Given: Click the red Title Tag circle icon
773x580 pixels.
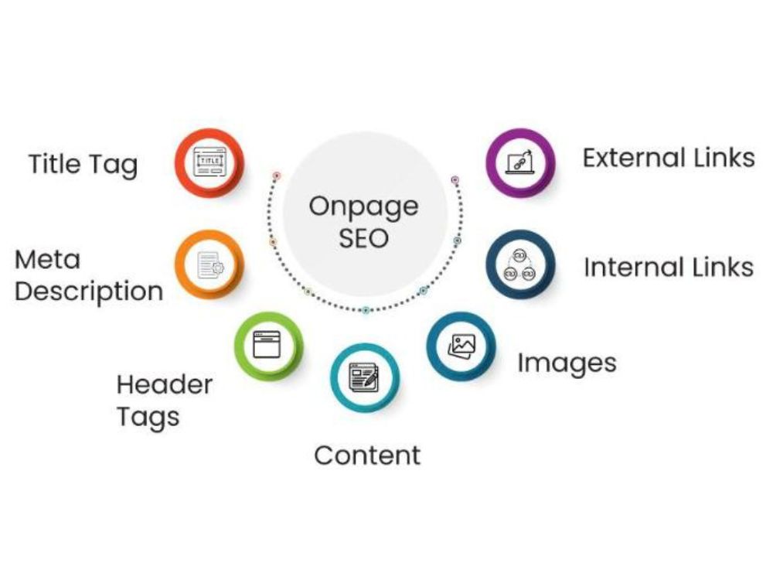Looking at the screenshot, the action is [209, 162].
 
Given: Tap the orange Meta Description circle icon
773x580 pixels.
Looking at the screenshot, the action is [209, 264].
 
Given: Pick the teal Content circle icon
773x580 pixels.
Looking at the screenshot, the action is [365, 378].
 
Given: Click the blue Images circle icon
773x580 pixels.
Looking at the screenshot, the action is [461, 345].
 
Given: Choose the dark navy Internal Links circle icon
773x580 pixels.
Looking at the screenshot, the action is [520, 264].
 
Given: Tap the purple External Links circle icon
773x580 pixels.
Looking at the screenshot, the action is [520, 162].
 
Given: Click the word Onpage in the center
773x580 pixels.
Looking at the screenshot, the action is [364, 207].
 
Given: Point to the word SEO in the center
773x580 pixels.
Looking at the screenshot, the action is [364, 239].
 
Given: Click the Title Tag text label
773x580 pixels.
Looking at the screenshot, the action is [83, 165].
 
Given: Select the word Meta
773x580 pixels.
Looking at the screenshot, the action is [47, 259].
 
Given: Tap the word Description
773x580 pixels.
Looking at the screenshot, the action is [89, 292].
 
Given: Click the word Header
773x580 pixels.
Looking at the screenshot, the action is [165, 384].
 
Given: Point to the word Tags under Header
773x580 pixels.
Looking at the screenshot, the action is [148, 418].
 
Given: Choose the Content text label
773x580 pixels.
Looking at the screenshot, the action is [367, 455].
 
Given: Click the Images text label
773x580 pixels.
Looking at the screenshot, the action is [567, 364].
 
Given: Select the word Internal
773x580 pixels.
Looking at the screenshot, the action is [633, 268].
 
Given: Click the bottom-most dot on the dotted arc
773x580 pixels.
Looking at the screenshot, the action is [366, 310].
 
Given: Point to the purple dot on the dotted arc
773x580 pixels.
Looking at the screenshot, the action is [455, 179].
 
